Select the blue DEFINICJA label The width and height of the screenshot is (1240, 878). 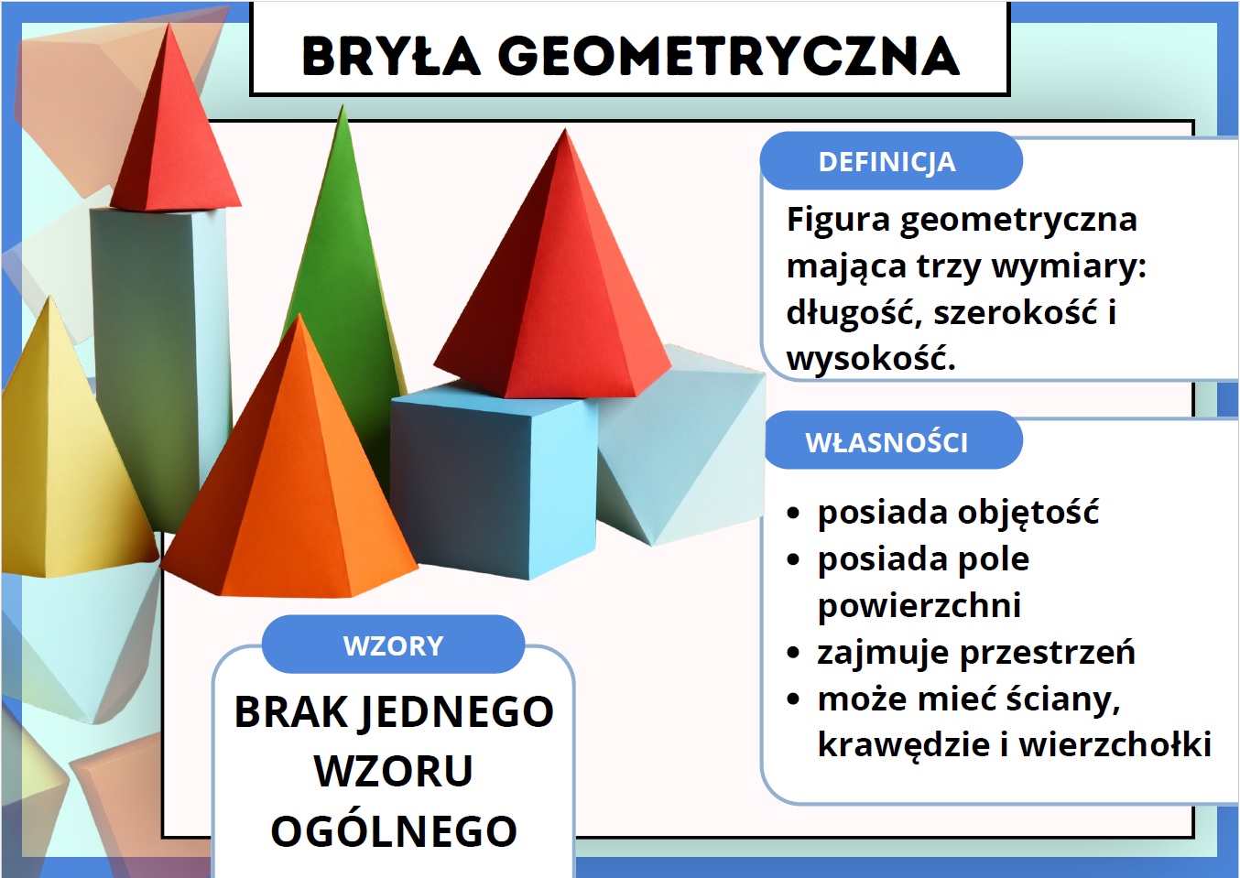pyautogui.click(x=891, y=161)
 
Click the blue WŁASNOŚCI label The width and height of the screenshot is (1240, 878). pyautogui.click(x=892, y=441)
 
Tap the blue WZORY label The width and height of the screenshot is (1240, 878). pyautogui.click(x=393, y=645)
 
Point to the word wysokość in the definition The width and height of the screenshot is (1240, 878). pyautogui.click(x=871, y=359)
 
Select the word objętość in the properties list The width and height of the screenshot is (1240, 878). pyautogui.click(x=1028, y=513)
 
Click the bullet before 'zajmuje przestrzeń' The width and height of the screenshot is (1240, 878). pyautogui.click(x=793, y=653)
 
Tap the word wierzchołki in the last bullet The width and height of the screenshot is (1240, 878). pyautogui.click(x=1115, y=744)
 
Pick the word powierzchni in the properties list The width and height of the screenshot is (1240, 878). pyautogui.click(x=919, y=605)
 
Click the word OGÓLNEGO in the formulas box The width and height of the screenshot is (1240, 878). pyautogui.click(x=394, y=830)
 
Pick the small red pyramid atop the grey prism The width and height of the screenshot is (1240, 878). pyautogui.click(x=175, y=122)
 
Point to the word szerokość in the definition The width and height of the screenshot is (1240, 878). pyautogui.click(x=1016, y=312)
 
